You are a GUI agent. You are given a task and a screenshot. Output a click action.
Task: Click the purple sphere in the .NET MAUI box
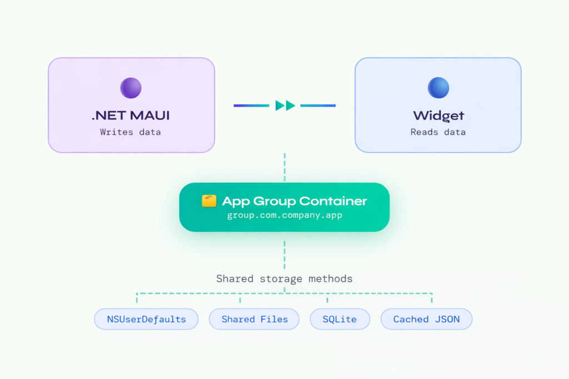[131, 88]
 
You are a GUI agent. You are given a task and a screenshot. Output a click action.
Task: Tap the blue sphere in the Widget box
[438, 88]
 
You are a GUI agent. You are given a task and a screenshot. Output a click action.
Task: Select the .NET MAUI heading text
[131, 116]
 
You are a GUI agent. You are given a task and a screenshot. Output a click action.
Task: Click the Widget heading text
[438, 116]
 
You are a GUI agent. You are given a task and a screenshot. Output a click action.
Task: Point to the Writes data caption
[131, 132]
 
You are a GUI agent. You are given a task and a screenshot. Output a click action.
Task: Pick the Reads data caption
[438, 132]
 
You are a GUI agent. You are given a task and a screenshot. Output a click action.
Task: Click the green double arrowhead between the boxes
[285, 105]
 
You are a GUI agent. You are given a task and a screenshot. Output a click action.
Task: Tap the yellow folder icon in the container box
[209, 201]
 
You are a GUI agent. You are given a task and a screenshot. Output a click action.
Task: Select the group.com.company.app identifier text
[284, 215]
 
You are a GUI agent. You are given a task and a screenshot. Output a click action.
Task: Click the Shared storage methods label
[284, 279]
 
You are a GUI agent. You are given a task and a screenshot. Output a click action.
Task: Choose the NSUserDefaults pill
[146, 319]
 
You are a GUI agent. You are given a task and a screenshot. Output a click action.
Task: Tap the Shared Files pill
[254, 319]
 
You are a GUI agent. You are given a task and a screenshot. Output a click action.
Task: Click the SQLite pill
[339, 319]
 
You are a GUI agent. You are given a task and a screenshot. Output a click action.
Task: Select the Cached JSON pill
[426, 319]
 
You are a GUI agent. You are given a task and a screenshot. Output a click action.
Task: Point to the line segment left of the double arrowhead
[252, 105]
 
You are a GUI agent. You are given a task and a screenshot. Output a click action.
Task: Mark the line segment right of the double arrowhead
[318, 105]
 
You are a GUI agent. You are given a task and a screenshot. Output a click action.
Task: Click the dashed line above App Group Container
[284, 168]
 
